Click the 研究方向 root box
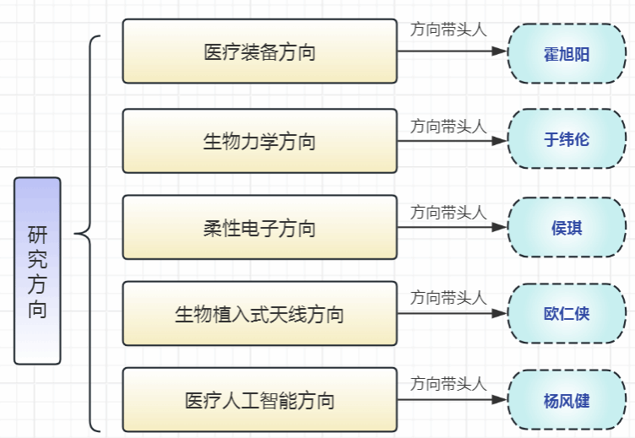(x=37, y=271)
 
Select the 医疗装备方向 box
(x=259, y=51)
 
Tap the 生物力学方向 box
(x=259, y=141)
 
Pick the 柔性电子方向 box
(x=259, y=227)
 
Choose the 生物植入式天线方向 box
(x=259, y=313)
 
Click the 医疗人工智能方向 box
(x=259, y=399)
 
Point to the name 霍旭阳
(x=567, y=54)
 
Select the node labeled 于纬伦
(x=567, y=139)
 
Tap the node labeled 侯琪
(x=567, y=228)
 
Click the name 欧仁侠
(x=567, y=313)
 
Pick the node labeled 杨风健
(x=567, y=400)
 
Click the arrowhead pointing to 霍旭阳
(x=499, y=51)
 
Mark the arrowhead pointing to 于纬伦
(x=499, y=141)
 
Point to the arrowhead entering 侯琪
(x=499, y=227)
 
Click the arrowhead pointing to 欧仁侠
(x=499, y=313)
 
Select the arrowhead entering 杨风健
(x=499, y=399)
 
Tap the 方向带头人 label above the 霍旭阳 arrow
(x=448, y=30)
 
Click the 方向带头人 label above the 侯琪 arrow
(x=448, y=213)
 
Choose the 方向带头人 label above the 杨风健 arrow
(x=448, y=384)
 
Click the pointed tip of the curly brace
(x=75, y=234)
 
